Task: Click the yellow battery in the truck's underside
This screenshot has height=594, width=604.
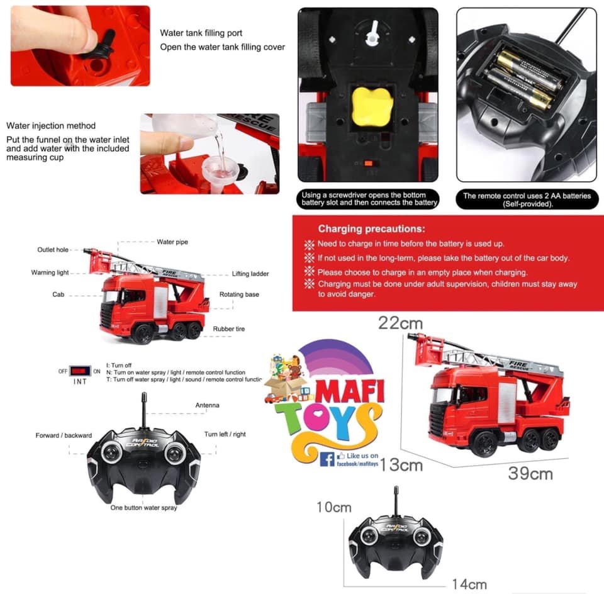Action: [372, 106]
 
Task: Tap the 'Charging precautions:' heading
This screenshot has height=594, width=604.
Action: [371, 229]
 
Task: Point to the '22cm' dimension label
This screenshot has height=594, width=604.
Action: [400, 323]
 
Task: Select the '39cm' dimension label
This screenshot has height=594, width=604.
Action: [530, 473]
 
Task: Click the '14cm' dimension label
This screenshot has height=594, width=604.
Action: [469, 585]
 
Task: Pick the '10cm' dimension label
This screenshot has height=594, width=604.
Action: [334, 507]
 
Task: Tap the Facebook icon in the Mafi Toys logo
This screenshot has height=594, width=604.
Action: [327, 459]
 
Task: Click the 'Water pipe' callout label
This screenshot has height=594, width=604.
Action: [172, 242]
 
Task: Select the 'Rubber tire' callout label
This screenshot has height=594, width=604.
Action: [229, 328]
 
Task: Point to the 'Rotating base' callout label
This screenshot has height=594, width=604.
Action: [239, 294]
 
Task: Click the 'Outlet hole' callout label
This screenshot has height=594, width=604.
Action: [53, 250]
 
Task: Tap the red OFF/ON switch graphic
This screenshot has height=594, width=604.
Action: [80, 371]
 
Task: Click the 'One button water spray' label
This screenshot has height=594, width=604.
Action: [143, 508]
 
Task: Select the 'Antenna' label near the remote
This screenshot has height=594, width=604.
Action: [207, 405]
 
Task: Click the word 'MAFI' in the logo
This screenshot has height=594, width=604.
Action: [350, 392]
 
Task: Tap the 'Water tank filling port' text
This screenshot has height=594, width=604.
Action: [201, 33]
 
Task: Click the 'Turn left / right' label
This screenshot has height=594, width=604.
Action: [225, 434]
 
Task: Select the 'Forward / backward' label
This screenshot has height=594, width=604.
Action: [64, 435]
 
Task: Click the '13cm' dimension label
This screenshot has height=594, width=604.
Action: [401, 465]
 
